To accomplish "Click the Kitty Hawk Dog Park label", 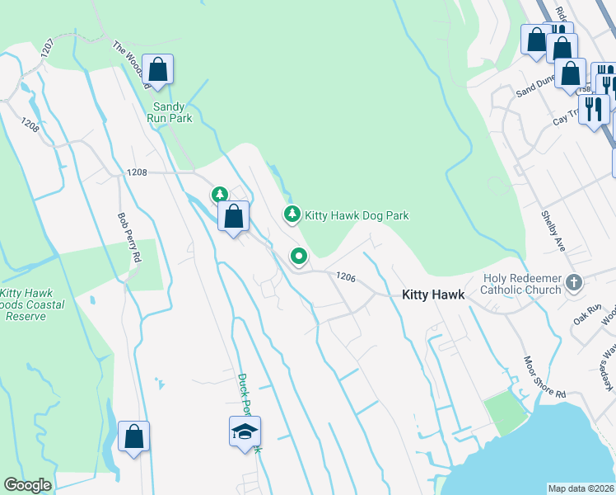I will (x=357, y=215).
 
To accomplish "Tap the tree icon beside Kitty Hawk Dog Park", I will (x=292, y=214).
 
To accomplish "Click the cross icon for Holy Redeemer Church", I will (x=575, y=285).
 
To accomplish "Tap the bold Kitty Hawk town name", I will (x=432, y=295).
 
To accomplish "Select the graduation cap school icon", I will (x=245, y=432).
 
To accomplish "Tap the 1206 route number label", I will (x=345, y=278).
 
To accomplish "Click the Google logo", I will (x=27, y=485).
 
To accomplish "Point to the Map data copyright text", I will (x=581, y=488).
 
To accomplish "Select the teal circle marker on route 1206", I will (x=298, y=257).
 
